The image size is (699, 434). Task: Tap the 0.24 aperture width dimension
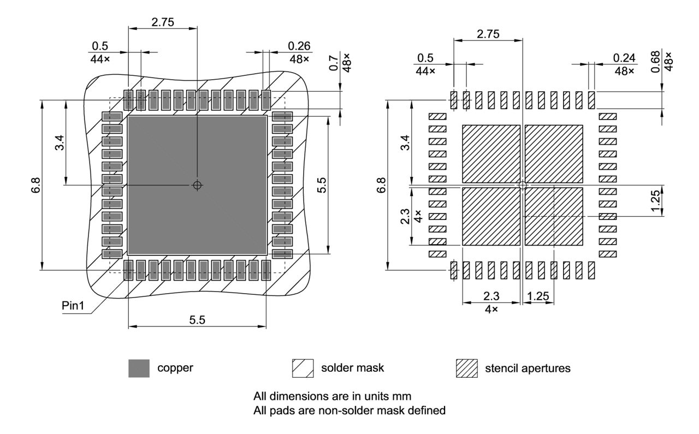click(x=624, y=57)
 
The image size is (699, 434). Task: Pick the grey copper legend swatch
click(x=139, y=368)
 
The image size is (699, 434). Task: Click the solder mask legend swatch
click(x=303, y=368)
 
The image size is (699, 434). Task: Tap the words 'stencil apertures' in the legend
click(x=528, y=368)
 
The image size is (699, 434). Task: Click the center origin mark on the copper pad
click(x=197, y=185)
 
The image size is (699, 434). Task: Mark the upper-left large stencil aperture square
click(x=491, y=154)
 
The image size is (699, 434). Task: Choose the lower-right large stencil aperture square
click(x=554, y=216)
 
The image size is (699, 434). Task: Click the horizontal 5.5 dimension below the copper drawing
click(x=197, y=320)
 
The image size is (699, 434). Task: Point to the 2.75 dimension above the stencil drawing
click(x=488, y=34)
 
